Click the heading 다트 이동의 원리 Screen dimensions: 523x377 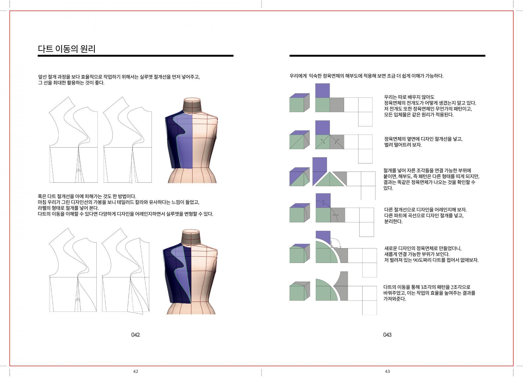67,49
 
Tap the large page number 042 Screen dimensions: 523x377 135,335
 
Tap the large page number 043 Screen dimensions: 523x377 387,335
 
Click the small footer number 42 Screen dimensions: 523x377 136,371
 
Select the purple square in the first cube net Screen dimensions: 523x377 323,91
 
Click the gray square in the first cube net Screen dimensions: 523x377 337,105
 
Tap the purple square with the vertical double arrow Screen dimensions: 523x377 323,201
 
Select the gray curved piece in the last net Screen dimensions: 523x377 342,286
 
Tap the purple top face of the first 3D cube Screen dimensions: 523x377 300,96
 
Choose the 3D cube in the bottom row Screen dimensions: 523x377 300,291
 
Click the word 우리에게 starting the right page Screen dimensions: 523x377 298,76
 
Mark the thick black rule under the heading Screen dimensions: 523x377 136,56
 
